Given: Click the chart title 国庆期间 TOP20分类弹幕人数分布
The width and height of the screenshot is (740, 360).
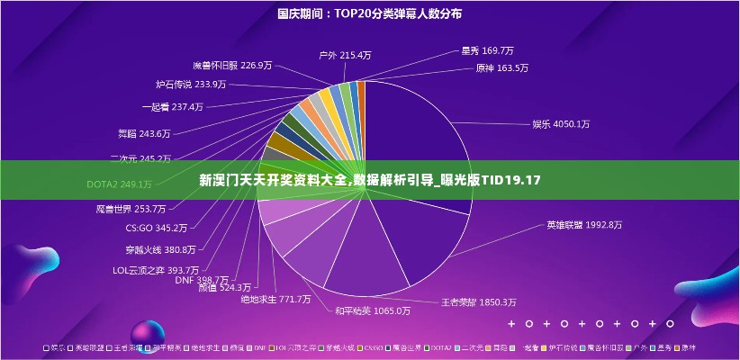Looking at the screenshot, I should click(x=369, y=13).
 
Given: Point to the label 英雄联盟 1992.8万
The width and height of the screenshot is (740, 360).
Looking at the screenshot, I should click(x=583, y=224).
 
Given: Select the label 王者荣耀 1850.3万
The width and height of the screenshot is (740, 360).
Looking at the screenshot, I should click(x=478, y=301).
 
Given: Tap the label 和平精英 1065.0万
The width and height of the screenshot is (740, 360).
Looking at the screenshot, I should click(x=372, y=310).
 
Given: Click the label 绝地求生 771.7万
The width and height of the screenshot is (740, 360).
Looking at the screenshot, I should click(x=275, y=299).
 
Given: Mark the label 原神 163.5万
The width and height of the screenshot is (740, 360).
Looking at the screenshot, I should click(x=501, y=67).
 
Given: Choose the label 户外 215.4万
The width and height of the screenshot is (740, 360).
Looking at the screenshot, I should click(x=345, y=55).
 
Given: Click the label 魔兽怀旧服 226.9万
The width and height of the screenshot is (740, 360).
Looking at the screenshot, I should click(x=232, y=65).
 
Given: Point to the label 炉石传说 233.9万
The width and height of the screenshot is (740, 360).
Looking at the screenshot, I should click(x=190, y=85).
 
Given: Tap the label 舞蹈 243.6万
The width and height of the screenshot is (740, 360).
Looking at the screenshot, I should click(x=144, y=133).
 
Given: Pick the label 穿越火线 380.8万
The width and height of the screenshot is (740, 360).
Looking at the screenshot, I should click(x=160, y=249).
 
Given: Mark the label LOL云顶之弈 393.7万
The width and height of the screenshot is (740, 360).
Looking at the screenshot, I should click(x=155, y=269).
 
